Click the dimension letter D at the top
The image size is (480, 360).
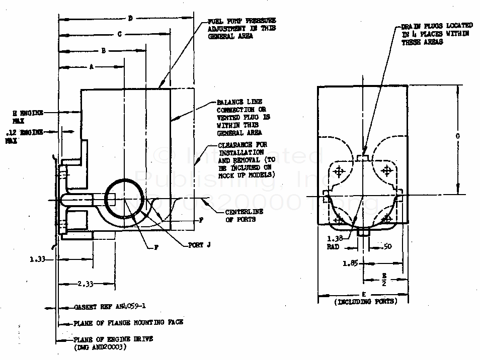(130, 19)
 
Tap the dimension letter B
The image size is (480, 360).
(103, 50)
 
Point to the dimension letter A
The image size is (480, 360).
(91, 66)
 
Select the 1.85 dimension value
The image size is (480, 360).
(351, 263)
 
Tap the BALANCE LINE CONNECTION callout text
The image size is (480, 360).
(240, 117)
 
